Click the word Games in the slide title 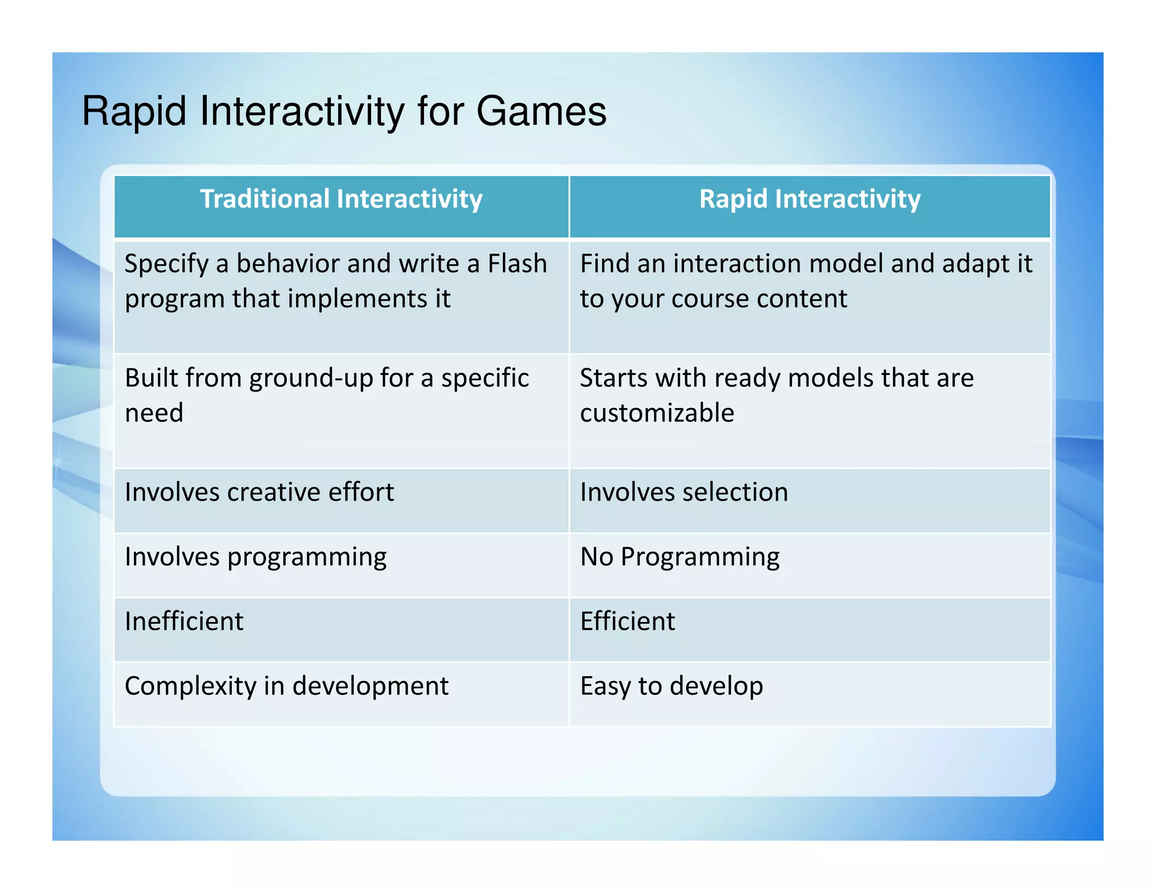pyautogui.click(x=541, y=111)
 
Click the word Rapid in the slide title pyautogui.click(x=134, y=111)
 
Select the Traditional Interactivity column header pyautogui.click(x=341, y=199)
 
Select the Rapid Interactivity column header pyautogui.click(x=809, y=199)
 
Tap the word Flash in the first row pyautogui.click(x=517, y=264)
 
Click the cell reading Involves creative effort pyautogui.click(x=259, y=492)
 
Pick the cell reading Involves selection pyautogui.click(x=684, y=492)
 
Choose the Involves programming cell pyautogui.click(x=256, y=557)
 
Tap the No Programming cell pyautogui.click(x=680, y=557)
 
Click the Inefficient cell pyautogui.click(x=184, y=621)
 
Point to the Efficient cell pyautogui.click(x=627, y=621)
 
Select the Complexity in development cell pyautogui.click(x=286, y=686)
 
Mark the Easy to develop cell pyautogui.click(x=671, y=686)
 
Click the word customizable pyautogui.click(x=657, y=413)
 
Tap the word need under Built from pyautogui.click(x=154, y=413)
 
